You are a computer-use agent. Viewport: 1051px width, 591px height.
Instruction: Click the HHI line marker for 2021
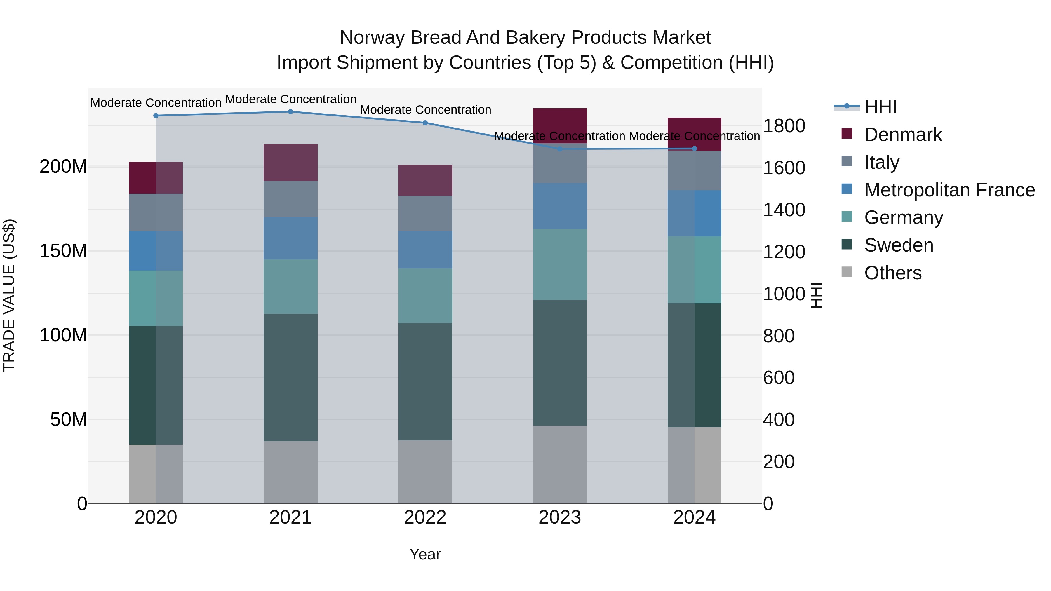pos(290,111)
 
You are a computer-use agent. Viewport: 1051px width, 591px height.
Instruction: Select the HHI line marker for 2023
pos(560,149)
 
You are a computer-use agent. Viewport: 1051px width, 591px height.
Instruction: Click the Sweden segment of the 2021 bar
pos(290,377)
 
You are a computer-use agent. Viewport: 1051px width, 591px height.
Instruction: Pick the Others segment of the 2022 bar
pos(425,472)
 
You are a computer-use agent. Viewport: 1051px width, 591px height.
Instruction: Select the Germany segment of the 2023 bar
pos(560,264)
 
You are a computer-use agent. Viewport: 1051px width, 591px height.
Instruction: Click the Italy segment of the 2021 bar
pos(290,199)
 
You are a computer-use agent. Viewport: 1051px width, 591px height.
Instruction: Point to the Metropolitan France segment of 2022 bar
pos(425,250)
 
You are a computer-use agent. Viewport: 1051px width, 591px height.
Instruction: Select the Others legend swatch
pos(847,272)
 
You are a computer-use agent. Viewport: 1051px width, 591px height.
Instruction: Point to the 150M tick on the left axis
pos(63,251)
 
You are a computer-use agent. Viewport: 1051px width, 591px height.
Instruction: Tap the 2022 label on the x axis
pos(425,517)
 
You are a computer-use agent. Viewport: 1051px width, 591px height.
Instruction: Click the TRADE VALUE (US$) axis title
pos(9,295)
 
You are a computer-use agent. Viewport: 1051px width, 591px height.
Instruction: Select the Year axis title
pos(425,554)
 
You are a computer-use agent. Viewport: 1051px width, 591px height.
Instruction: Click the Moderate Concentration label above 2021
pos(290,99)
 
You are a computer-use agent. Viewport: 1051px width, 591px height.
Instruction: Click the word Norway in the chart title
pos(372,38)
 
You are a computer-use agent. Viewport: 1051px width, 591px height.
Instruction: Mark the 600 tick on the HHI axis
pos(778,378)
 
